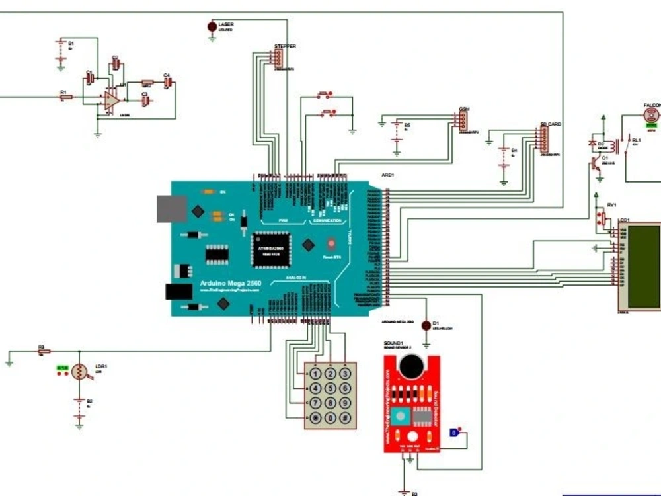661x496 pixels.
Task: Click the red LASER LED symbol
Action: (212, 26)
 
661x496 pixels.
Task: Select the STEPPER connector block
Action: (278, 60)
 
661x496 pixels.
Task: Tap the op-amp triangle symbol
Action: (110, 101)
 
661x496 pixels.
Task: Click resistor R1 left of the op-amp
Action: (65, 97)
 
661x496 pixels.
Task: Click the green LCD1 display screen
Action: (643, 266)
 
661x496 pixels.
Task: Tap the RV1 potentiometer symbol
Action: (602, 218)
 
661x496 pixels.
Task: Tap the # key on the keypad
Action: (344, 418)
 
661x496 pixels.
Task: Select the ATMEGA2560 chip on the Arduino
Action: (270, 249)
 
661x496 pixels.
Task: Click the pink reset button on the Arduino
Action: (331, 242)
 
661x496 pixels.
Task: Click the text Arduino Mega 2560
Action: (231, 284)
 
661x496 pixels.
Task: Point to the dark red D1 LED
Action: (426, 325)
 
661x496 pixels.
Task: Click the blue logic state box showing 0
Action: (453, 433)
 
